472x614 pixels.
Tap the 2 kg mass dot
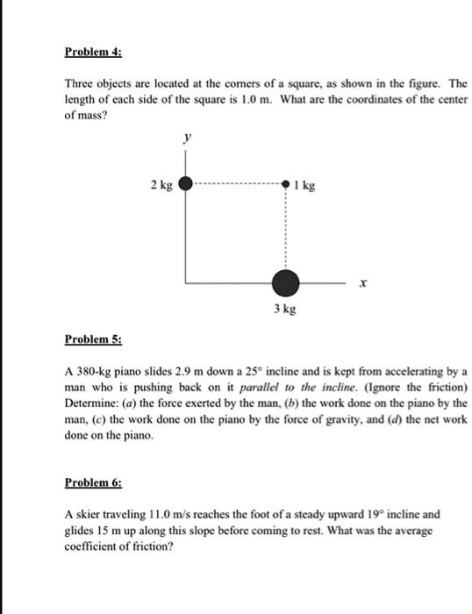[185, 185]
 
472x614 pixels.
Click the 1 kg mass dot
[285, 185]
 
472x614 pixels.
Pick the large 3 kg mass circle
[285, 283]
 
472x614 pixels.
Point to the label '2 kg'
[161, 185]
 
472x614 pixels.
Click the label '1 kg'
[305, 186]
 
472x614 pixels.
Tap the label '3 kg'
[283, 311]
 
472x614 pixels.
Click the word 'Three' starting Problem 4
[81, 82]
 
